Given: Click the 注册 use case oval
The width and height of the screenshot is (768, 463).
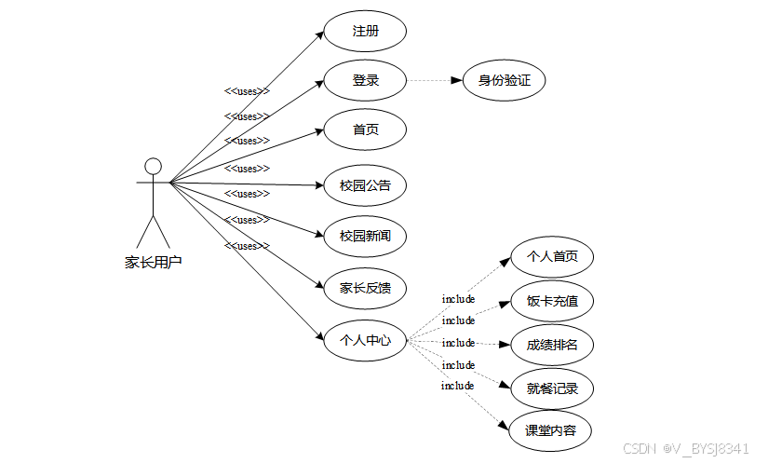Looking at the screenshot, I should coord(365,32).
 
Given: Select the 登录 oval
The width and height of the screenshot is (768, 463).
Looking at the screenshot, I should coord(365,81).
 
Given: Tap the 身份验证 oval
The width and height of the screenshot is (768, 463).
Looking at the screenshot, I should coord(504,81).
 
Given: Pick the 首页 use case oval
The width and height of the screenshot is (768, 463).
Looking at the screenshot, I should coord(365,130).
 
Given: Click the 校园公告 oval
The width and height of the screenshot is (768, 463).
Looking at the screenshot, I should coord(365,185).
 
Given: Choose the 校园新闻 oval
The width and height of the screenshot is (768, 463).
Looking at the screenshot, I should coord(365,237).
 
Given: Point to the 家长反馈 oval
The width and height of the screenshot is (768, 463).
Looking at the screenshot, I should coord(365,289).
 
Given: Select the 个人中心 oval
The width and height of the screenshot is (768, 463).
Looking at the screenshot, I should coord(365,340).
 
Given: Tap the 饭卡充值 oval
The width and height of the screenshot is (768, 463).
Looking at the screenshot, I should coord(552,302).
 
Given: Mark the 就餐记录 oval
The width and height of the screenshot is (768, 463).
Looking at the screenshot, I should coord(552,388).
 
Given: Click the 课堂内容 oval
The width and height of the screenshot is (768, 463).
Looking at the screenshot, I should coord(552,430).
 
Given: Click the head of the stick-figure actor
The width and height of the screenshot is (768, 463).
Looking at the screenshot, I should coord(153,167).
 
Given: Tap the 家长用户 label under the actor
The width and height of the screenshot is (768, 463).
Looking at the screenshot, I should coord(153,263).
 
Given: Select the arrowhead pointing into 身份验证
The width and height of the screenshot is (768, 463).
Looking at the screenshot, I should coord(457,81).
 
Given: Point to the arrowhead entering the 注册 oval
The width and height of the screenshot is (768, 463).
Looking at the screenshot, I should coord(319,38).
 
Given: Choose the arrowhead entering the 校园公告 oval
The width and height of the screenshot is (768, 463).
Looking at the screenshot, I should coord(318,185).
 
